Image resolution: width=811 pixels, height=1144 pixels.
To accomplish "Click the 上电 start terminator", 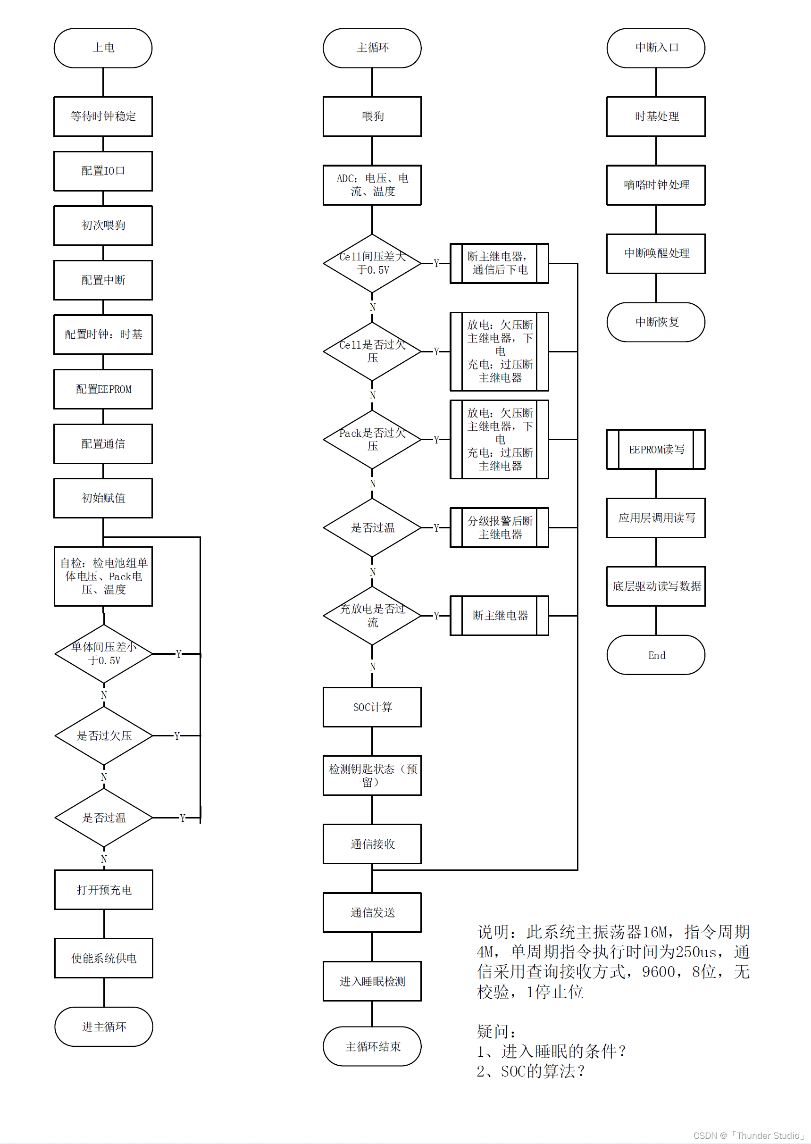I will (103, 48).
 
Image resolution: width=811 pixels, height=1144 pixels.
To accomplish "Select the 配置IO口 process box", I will (103, 171).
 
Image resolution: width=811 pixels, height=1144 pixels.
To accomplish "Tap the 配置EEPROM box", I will (103, 389).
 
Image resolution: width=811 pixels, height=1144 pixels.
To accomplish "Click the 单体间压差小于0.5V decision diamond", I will (103, 653).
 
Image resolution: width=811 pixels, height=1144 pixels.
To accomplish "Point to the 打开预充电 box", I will (103, 889).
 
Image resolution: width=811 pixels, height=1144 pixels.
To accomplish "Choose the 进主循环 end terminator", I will (103, 1026).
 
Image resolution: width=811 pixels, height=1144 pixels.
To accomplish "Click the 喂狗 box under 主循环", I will (372, 117).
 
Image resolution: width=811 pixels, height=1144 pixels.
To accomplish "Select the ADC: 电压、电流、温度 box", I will (372, 185).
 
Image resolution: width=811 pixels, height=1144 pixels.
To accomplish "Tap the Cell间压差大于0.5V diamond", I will (372, 263).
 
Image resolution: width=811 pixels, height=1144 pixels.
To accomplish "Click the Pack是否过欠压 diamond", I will (372, 439).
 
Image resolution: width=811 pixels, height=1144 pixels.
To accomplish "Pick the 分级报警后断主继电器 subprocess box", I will (499, 527).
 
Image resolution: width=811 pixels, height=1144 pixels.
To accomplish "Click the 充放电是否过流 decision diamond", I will (372, 615).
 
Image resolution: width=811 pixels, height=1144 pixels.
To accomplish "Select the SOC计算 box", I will (372, 707).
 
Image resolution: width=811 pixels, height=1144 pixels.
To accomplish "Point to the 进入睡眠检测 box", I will (372, 981).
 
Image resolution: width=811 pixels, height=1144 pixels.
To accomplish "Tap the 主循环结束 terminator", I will (372, 1046).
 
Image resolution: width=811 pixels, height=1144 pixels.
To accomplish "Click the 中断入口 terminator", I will (656, 48).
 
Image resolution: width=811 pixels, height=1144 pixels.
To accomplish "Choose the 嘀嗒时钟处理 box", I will (656, 185).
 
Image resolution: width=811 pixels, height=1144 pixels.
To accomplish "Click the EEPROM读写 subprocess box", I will (656, 449).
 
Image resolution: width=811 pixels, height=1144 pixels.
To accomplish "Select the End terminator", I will (656, 655).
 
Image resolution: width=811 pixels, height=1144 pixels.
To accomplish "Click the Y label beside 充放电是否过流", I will (436, 616).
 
